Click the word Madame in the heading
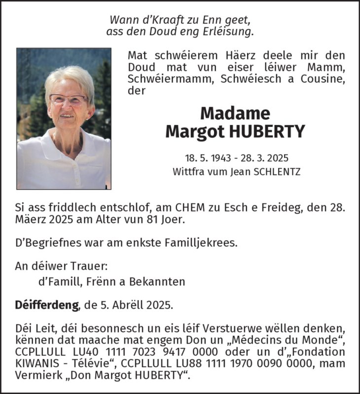click(x=235, y=114)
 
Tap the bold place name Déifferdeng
click(x=47, y=305)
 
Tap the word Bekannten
click(x=157, y=281)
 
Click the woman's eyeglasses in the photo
click(x=69, y=98)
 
